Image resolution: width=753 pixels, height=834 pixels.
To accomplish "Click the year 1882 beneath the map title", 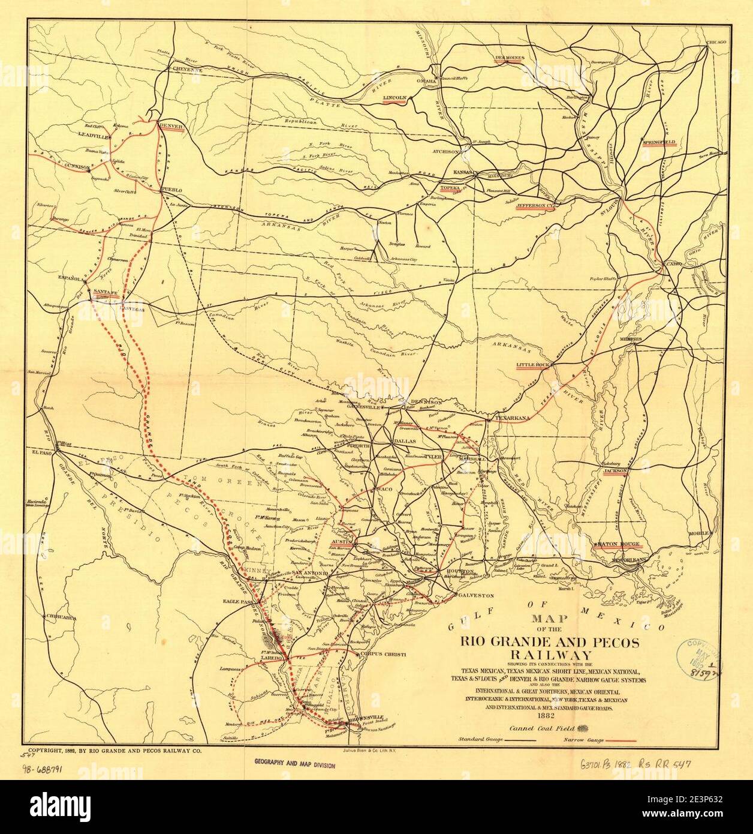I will point(545,715).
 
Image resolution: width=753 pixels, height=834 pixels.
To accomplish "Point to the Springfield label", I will point(659,142).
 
